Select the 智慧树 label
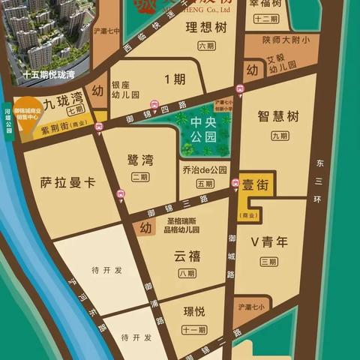pos(277,116)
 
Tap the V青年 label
pos(269,241)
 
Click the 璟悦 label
pos(193,313)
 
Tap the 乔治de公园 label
pos(203,170)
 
